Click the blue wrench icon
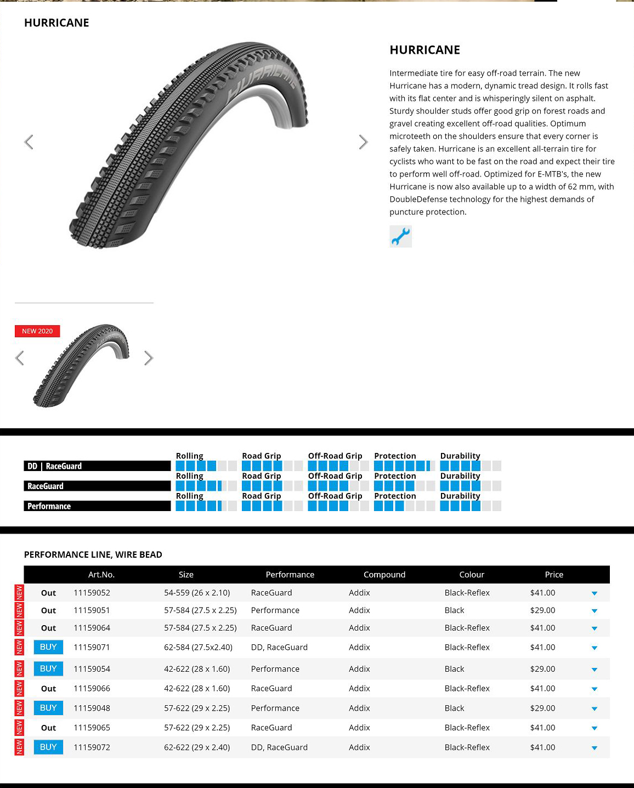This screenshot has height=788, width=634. (x=400, y=236)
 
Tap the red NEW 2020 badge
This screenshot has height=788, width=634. (x=37, y=331)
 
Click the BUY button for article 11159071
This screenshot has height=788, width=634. (x=48, y=647)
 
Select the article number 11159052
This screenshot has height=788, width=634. (x=92, y=593)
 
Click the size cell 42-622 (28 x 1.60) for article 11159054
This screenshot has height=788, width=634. (x=197, y=669)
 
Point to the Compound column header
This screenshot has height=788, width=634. (x=384, y=575)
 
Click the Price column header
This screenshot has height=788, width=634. (x=554, y=575)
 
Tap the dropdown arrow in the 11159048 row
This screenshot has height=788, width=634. (x=595, y=708)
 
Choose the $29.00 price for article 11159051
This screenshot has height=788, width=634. (x=542, y=610)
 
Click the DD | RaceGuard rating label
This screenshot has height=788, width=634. (x=97, y=466)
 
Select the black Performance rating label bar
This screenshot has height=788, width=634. (x=97, y=506)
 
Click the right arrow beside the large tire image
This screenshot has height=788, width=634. (x=363, y=142)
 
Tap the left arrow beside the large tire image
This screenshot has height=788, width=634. (x=29, y=142)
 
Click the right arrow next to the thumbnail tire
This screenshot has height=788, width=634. (x=149, y=358)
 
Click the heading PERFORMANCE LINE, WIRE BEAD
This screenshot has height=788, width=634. (x=93, y=554)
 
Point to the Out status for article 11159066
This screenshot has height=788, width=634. (x=48, y=689)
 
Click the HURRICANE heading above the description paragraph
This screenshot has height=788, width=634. (x=424, y=50)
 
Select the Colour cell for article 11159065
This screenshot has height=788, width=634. (x=467, y=728)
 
